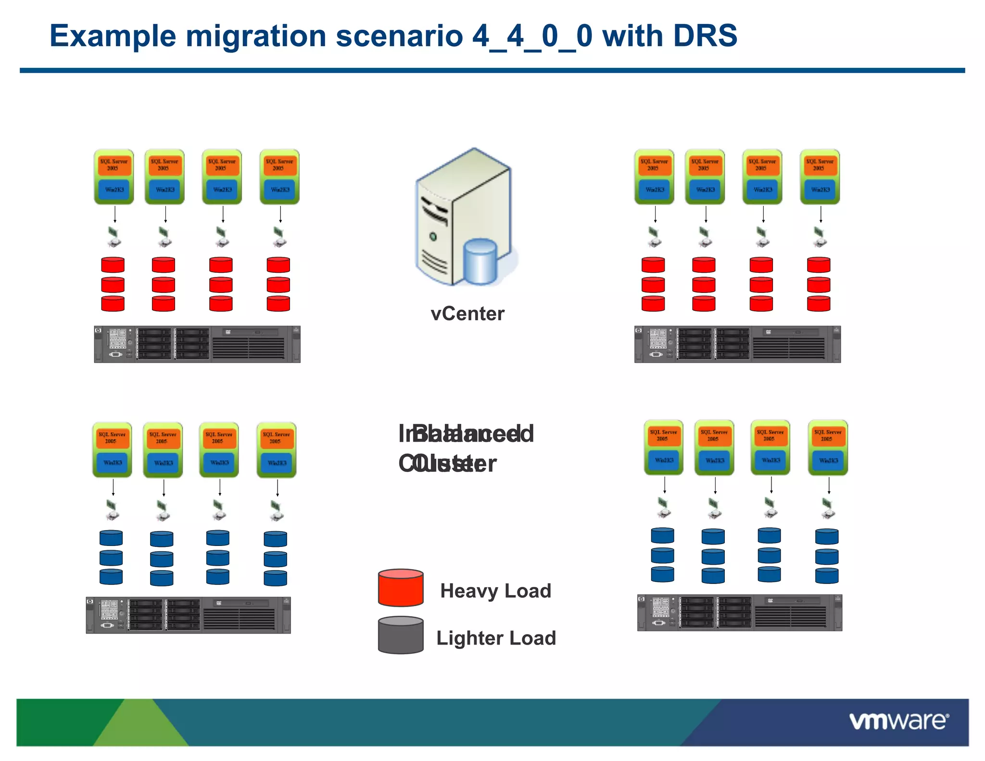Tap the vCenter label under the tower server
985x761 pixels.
coord(467,314)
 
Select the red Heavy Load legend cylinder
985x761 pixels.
coord(401,588)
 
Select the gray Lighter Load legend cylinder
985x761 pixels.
coord(401,635)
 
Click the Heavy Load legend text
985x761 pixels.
coord(495,591)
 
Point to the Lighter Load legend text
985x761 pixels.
coord(496,638)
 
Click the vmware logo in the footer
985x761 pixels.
coord(898,721)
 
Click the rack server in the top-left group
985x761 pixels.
coord(197,344)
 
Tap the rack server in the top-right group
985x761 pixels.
coord(737,344)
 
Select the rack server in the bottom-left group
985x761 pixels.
coord(188,615)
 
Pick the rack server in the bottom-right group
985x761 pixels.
coord(739,613)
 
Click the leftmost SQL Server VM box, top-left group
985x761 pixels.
coord(114,177)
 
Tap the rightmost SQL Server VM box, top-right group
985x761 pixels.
coord(820,177)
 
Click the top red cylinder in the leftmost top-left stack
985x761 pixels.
coord(113,265)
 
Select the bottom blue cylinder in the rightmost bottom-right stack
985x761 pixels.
coord(827,576)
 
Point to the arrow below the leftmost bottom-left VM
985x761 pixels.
coord(113,487)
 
